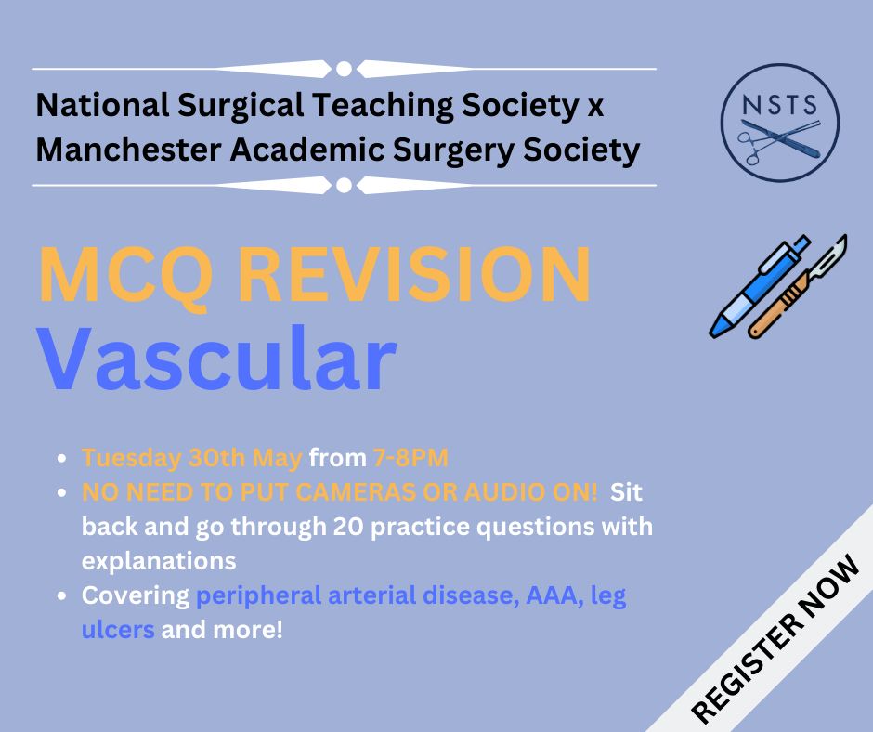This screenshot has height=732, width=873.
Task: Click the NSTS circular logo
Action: [x=780, y=122]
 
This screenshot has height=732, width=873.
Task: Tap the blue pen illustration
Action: [x=760, y=286]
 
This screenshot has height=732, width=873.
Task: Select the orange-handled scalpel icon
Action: [x=797, y=286]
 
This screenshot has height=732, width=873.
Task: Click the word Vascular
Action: [x=216, y=359]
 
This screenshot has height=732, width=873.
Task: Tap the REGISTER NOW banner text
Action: [x=775, y=638]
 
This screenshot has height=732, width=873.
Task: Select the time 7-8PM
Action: [x=410, y=458]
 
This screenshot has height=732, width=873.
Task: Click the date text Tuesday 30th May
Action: [x=192, y=458]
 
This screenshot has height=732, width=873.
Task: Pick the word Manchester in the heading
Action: [x=128, y=150]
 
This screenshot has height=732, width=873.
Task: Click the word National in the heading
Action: [x=102, y=105]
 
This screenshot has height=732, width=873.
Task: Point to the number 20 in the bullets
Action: [x=348, y=527]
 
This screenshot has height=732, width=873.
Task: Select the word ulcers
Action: [x=118, y=630]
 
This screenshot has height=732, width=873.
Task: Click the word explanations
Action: [x=159, y=561]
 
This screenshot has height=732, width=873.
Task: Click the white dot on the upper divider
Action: [x=344, y=69]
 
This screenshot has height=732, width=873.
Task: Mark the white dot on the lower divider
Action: [x=344, y=185]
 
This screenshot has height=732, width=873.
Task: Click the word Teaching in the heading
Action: [x=382, y=105]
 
